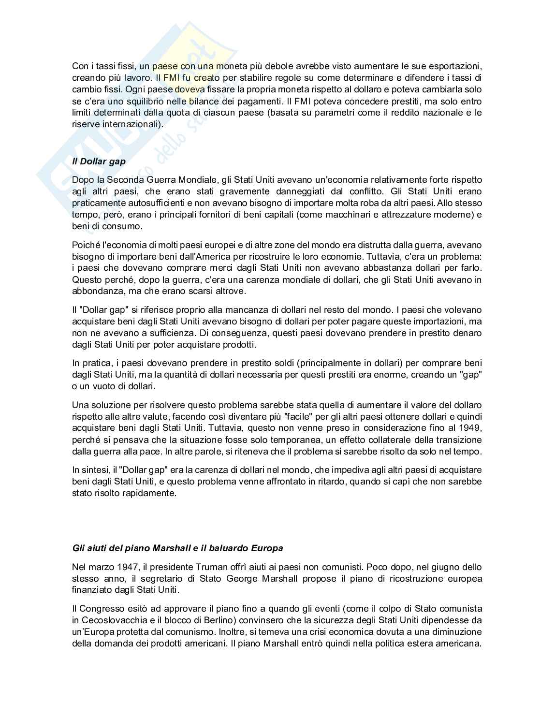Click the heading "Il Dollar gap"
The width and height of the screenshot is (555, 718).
tap(99, 161)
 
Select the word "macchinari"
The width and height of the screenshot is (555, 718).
tap(345, 214)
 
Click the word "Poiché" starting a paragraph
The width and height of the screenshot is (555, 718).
tap(84, 245)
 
